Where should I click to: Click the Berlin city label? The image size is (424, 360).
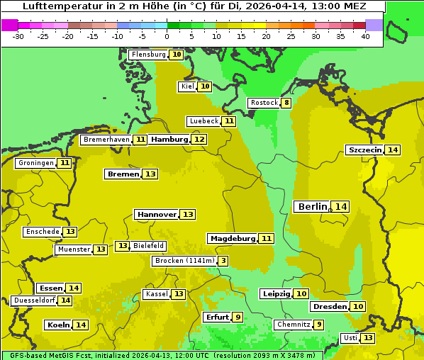pyautogui.click(x=312, y=206)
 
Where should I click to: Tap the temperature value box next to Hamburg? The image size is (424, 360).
pyautogui.click(x=199, y=140)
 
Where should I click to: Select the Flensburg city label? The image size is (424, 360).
pyautogui.click(x=148, y=55)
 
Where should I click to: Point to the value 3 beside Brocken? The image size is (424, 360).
pyautogui.click(x=223, y=261)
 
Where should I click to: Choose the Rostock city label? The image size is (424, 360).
pyautogui.click(x=264, y=103)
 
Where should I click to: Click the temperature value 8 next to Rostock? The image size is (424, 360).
pyautogui.click(x=286, y=103)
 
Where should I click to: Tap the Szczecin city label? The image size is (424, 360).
pyautogui.click(x=364, y=150)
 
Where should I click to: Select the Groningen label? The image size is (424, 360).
pyautogui.click(x=35, y=163)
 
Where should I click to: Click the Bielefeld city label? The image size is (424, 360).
pyautogui.click(x=149, y=246)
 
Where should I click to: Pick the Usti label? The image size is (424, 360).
pyautogui.click(x=350, y=338)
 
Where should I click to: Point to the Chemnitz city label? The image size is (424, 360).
pyautogui.click(x=293, y=325)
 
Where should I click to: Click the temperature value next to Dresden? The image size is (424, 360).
pyautogui.click(x=358, y=307)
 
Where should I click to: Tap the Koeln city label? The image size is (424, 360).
pyautogui.click(x=58, y=325)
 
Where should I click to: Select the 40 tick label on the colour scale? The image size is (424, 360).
pyautogui.click(x=365, y=36)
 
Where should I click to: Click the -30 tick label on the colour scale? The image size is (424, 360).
pyautogui.click(x=18, y=36)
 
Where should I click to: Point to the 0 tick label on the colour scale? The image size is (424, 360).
pyautogui.click(x=167, y=36)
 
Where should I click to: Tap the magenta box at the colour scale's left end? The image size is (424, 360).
pyautogui.click(x=9, y=25)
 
